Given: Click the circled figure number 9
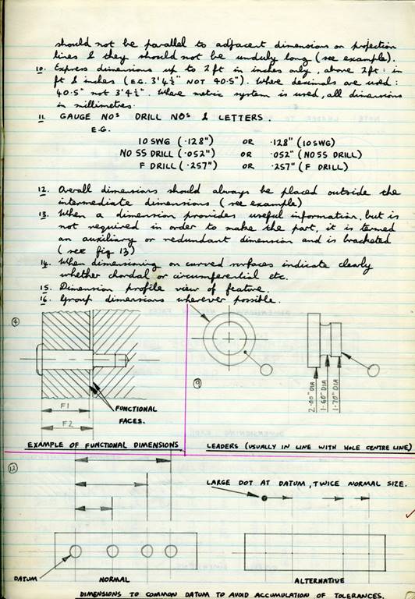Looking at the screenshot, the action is click(199, 383).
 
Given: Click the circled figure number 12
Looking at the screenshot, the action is click(12, 468).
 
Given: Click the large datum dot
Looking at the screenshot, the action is click(264, 498).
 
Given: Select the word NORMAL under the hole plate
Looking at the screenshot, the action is click(114, 580).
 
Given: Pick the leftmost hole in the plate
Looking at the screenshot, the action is click(76, 551).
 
